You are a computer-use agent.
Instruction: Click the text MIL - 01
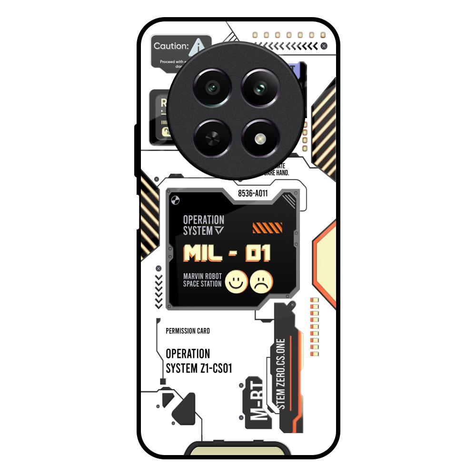[x=227, y=253]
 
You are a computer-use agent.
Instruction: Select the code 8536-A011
[x=253, y=193]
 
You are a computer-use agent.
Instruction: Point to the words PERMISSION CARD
[x=188, y=331]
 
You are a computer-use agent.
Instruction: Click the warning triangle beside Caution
[x=198, y=46]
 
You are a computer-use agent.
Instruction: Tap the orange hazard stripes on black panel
[x=267, y=228]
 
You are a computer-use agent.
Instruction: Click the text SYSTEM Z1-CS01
[x=199, y=368]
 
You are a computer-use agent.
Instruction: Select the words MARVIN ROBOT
[x=202, y=276]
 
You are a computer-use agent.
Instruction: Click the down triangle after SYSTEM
[x=219, y=231]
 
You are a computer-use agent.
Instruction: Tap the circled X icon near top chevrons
[x=324, y=46]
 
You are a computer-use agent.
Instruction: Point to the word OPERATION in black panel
[x=203, y=220]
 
